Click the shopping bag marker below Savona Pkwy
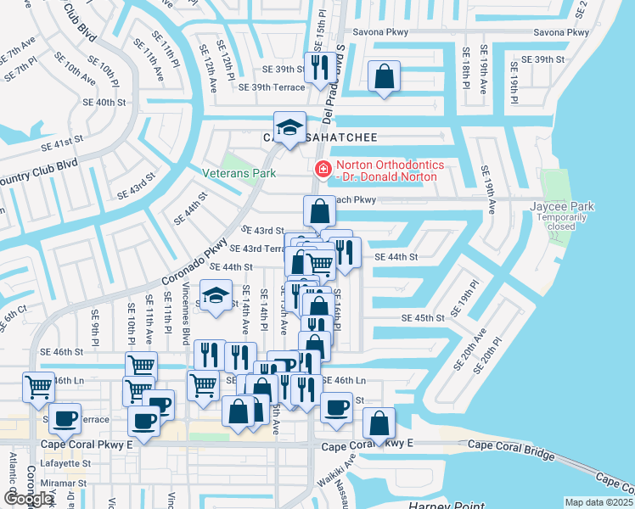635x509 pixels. (x=385, y=76)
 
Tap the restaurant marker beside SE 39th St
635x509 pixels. (x=319, y=66)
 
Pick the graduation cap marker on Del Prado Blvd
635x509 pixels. (x=289, y=128)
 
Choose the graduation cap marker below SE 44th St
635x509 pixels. (x=216, y=296)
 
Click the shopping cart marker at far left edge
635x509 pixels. (x=38, y=387)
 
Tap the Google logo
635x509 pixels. (x=28, y=498)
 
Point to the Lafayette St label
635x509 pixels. (x=66, y=463)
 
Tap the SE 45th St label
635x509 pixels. (x=423, y=318)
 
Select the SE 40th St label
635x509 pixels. (x=110, y=102)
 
